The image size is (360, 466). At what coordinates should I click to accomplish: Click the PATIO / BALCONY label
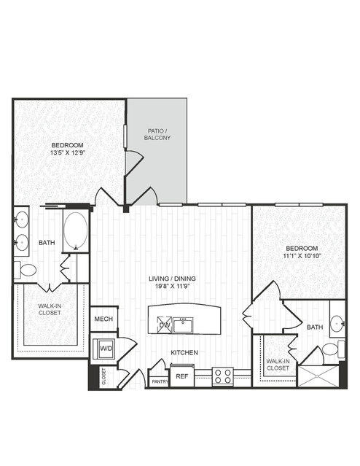[x=157, y=134]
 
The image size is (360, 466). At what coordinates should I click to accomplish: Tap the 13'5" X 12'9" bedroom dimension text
[x=68, y=152]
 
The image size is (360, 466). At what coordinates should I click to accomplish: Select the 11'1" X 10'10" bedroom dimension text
[x=302, y=255]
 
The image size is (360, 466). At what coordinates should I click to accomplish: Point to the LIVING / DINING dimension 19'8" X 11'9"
[x=172, y=286]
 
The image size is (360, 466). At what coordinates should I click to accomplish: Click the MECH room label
[x=103, y=319]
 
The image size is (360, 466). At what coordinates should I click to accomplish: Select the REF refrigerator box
[x=181, y=376]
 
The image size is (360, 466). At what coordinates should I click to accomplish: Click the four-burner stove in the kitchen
[x=223, y=376]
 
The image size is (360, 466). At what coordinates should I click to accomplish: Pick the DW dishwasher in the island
[x=165, y=325]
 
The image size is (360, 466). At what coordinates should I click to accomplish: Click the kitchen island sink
[x=183, y=325]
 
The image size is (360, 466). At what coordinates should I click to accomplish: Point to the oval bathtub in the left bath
[x=76, y=230]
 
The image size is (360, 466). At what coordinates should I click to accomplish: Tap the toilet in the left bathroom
[x=25, y=270]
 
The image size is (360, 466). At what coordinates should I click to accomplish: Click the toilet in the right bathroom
[x=333, y=349]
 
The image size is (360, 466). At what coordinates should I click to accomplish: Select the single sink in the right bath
[x=337, y=322]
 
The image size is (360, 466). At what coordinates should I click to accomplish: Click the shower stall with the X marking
[x=318, y=376]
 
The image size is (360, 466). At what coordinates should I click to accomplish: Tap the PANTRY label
[x=160, y=381]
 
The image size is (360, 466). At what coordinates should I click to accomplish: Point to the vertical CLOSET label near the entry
[x=103, y=376]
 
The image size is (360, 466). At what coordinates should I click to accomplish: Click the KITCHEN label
[x=184, y=352]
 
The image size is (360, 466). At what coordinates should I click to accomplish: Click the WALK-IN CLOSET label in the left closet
[x=50, y=309]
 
